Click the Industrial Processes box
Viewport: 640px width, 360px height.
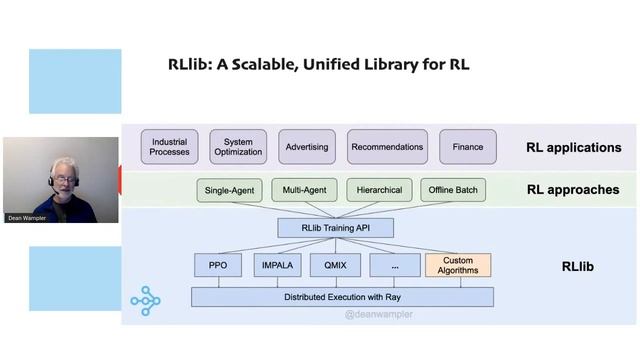pyautogui.click(x=169, y=147)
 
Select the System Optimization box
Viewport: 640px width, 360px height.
pyautogui.click(x=238, y=147)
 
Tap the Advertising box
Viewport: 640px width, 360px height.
pyautogui.click(x=307, y=147)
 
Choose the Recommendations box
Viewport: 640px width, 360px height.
pyautogui.click(x=387, y=147)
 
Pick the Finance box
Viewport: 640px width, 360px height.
pyautogui.click(x=467, y=147)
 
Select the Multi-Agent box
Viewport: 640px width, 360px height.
pyautogui.click(x=304, y=190)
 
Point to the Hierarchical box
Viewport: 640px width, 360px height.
pyautogui.click(x=379, y=190)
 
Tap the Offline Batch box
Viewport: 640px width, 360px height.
pyautogui.click(x=453, y=190)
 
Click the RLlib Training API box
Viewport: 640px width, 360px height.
pyautogui.click(x=335, y=228)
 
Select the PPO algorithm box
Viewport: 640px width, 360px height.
pyautogui.click(x=218, y=265)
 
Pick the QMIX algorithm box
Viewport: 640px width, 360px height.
pyautogui.click(x=335, y=265)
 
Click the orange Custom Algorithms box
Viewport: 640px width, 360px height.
pyautogui.click(x=458, y=265)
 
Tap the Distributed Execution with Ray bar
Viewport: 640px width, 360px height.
pyautogui.click(x=343, y=297)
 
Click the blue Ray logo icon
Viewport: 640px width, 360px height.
pyautogui.click(x=145, y=300)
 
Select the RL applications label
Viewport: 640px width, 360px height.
pyautogui.click(x=573, y=148)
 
